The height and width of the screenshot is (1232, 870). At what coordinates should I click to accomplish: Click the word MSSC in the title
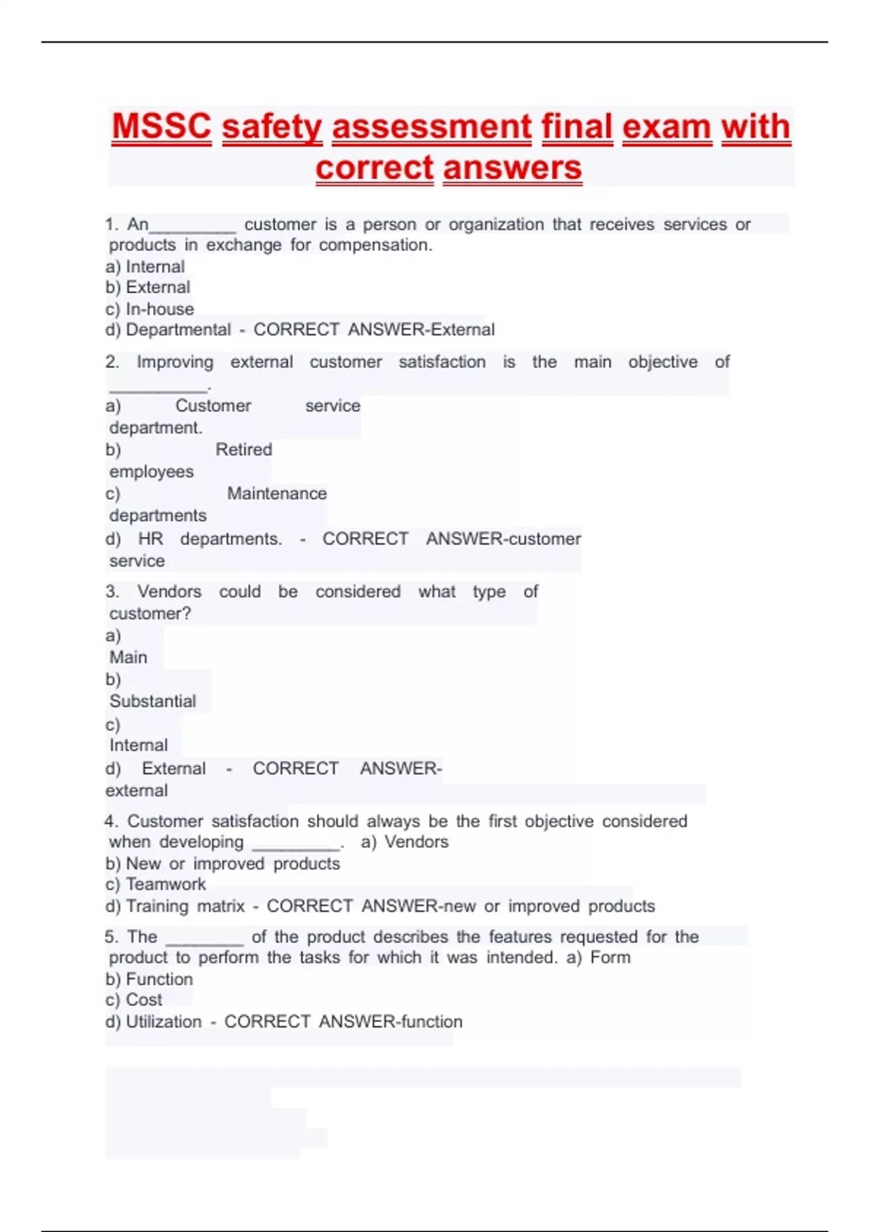tap(162, 126)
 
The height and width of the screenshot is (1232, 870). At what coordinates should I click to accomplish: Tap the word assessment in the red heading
tap(432, 126)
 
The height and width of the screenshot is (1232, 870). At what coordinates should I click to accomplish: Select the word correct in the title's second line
tap(374, 167)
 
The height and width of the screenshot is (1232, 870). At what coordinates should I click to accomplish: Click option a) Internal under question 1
tap(145, 267)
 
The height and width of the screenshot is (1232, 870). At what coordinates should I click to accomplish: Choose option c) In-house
tap(149, 309)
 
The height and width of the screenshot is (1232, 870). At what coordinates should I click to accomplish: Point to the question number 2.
tap(112, 362)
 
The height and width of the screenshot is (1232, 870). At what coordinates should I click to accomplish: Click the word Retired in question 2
tap(244, 449)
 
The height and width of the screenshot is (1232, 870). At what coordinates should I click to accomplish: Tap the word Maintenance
tap(277, 494)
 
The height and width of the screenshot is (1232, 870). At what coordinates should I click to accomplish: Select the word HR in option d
tap(151, 539)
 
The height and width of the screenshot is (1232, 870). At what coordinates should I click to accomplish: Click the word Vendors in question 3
tap(170, 591)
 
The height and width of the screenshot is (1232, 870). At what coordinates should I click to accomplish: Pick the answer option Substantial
tap(153, 701)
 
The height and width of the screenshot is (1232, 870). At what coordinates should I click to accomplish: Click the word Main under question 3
tap(128, 657)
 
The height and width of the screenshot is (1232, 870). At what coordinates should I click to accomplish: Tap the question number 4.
tap(110, 821)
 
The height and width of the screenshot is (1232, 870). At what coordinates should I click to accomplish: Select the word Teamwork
tap(166, 884)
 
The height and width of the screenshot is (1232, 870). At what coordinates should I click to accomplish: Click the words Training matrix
tap(186, 906)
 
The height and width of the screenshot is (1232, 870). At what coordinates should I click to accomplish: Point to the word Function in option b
tap(159, 979)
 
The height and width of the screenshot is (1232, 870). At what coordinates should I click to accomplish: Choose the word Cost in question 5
tap(144, 1000)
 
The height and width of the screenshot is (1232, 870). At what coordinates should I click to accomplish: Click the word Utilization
tap(164, 1022)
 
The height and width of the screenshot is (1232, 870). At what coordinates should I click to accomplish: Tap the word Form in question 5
tap(610, 957)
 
